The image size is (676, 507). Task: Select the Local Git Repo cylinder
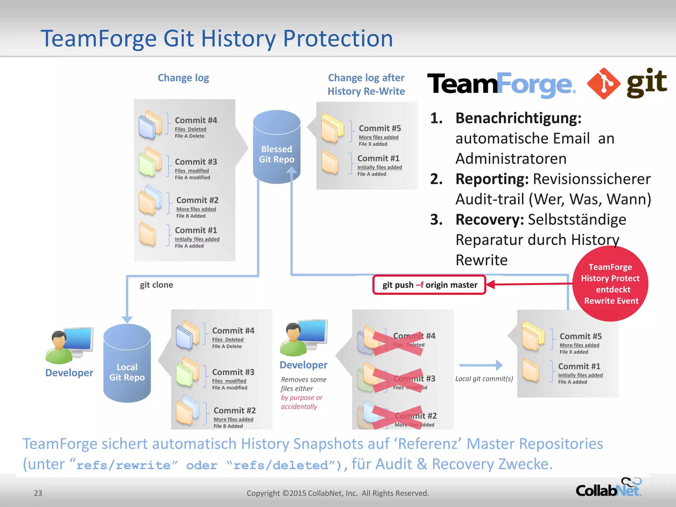(127, 365)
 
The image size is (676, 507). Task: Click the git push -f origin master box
(429, 285)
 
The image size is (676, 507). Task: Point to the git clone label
(156, 285)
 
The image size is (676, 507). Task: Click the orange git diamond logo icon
(604, 84)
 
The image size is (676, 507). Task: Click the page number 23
(38, 493)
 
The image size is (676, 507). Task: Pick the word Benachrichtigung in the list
(518, 118)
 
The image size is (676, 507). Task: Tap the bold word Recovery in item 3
(490, 220)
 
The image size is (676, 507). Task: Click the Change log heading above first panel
(183, 78)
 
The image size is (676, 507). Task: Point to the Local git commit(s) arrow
(481, 365)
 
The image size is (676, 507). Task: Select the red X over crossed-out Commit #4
(398, 344)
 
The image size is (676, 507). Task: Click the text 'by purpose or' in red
(302, 398)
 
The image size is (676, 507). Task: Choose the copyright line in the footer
(338, 493)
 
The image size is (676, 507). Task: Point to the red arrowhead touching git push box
(490, 284)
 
